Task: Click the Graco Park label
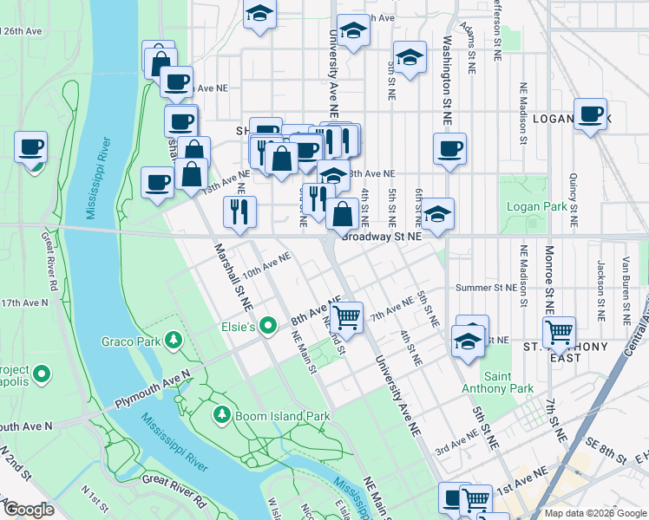coord(131,341)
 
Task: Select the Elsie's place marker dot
coord(269,327)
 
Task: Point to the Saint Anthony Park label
coord(508,382)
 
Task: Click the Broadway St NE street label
coord(382,236)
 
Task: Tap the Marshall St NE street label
coord(233,278)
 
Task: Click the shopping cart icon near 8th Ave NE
coord(347,316)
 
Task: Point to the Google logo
coord(29,510)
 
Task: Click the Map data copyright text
coord(594,513)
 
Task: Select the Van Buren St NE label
coord(625,283)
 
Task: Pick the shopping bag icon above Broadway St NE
coord(343,213)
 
